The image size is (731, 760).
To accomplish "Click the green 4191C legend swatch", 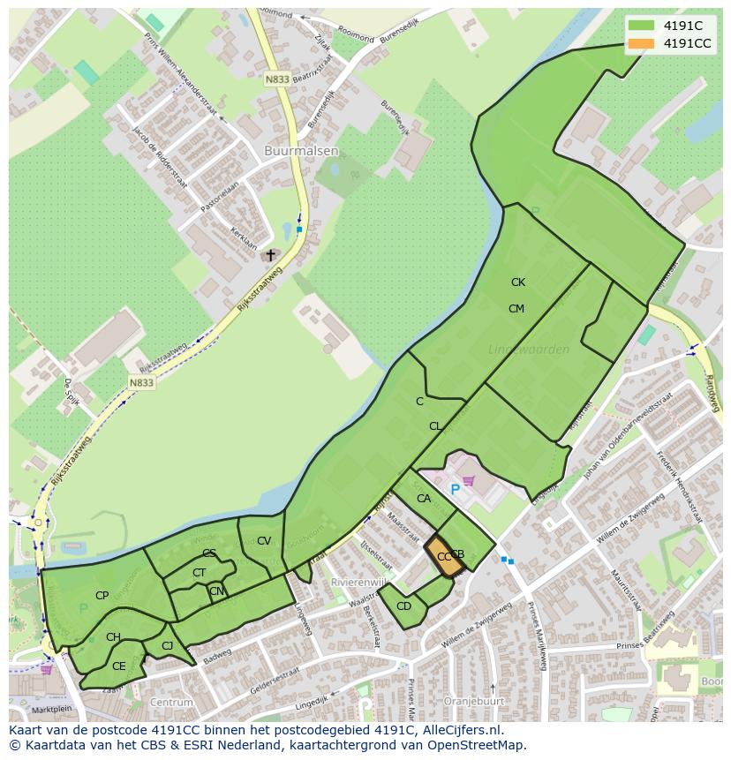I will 641,25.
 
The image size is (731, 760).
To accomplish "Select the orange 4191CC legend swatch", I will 641,43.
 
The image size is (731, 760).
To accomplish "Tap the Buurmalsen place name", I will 301,151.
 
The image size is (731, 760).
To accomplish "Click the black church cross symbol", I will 271,255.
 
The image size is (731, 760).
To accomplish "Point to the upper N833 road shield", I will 276,79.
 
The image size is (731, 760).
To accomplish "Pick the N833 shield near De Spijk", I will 140,382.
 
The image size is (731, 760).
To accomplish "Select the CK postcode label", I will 517,282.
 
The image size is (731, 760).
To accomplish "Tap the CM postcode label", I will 516,308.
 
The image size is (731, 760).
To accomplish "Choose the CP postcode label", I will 102,596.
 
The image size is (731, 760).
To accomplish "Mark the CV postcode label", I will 263,541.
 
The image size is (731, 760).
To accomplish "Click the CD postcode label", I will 403,606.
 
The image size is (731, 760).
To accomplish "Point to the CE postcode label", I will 118,666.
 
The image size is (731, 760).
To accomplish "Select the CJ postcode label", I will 167,646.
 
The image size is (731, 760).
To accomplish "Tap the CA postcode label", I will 424,499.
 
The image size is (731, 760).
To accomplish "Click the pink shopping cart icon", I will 469,481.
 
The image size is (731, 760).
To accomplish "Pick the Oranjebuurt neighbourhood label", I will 473,702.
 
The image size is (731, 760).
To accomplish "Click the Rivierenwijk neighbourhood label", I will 358,583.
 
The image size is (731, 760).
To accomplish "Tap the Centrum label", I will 171,703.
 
